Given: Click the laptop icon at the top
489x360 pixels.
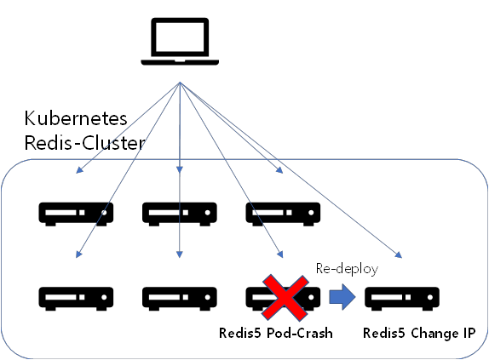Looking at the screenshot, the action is click(x=180, y=42).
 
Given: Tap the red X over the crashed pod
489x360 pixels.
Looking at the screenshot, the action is click(x=285, y=297).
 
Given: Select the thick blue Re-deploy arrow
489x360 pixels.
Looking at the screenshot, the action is click(x=342, y=297).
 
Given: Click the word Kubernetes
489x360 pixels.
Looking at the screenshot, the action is click(x=76, y=118).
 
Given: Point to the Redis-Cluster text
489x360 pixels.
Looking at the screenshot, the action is click(x=84, y=143).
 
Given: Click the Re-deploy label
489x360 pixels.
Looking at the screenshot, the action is click(x=347, y=269).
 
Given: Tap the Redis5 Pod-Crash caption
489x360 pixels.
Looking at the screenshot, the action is click(x=276, y=333).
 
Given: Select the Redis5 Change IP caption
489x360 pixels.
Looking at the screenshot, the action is click(x=419, y=334).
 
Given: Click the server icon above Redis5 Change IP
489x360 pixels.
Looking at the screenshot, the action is click(x=402, y=299).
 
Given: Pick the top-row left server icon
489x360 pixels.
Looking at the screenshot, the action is click(x=76, y=214).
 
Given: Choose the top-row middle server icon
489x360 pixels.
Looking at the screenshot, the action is click(x=179, y=214).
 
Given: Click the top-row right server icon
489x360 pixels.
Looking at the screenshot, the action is click(x=283, y=214).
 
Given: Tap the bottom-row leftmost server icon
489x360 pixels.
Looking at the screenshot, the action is click(x=76, y=299).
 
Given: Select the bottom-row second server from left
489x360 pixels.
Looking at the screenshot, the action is click(x=179, y=299).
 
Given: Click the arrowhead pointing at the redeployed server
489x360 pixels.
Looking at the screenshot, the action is click(x=399, y=254).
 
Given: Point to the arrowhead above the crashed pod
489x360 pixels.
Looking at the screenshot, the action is click(x=280, y=254).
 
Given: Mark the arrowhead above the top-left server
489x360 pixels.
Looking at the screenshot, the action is click(x=79, y=169).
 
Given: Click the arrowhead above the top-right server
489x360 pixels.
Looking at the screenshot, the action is click(x=279, y=169).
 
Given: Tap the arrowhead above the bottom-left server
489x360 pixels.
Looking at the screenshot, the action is click(x=78, y=254).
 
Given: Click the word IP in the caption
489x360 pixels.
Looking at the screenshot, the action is click(x=469, y=333).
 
